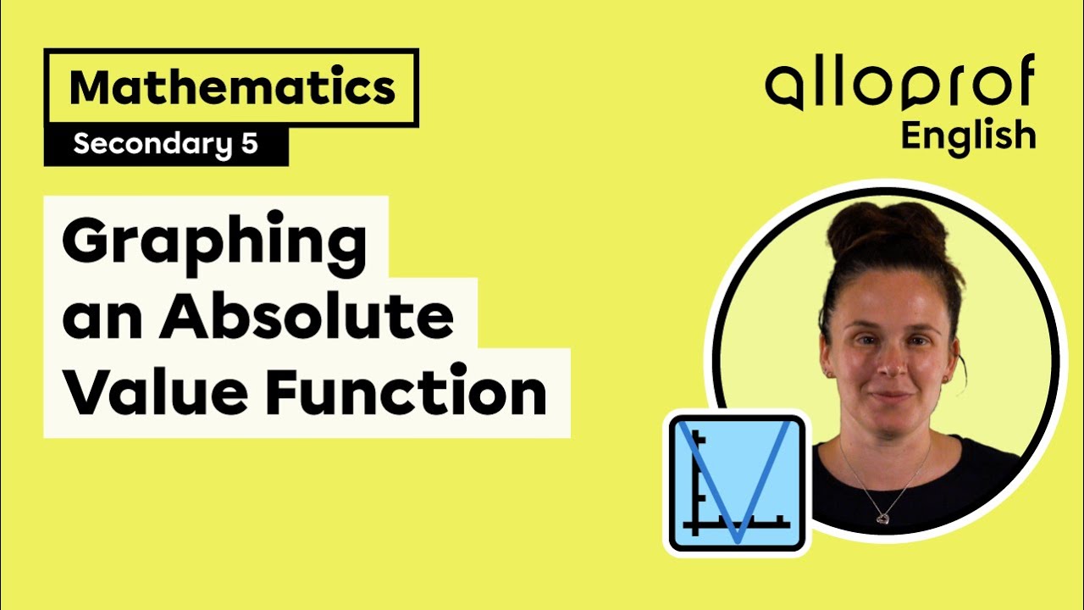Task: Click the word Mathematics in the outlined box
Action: pos(232,87)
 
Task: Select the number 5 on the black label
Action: pos(249,145)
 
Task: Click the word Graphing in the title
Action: pos(214,242)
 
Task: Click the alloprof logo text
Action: pos(899,86)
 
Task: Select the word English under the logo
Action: pos(968,136)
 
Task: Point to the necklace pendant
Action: pos(882,516)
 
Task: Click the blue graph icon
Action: pos(736,484)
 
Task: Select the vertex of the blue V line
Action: pos(738,539)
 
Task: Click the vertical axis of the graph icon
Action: pos(694,483)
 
